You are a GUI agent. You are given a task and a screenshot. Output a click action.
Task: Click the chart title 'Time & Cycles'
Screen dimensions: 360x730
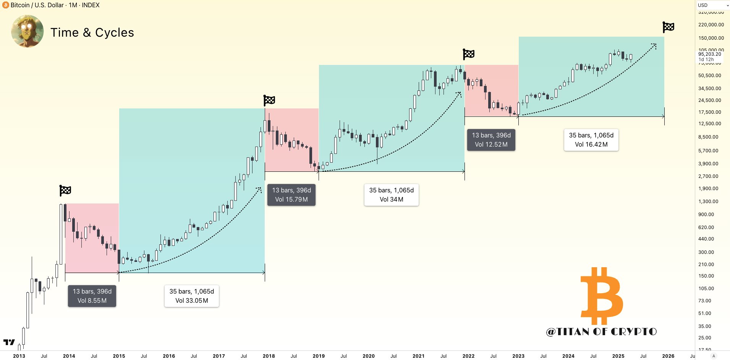(x=92, y=32)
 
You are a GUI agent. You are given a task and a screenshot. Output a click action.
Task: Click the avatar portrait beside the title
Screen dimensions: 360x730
(x=27, y=31)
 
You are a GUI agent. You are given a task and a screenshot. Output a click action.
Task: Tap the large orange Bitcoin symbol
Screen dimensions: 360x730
(x=602, y=296)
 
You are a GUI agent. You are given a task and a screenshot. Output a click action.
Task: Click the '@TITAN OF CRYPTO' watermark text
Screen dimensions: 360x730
(x=602, y=331)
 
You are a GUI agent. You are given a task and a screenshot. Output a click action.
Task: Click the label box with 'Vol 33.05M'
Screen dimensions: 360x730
(x=192, y=296)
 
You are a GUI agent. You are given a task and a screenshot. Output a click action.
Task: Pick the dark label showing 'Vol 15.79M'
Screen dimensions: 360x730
(x=291, y=195)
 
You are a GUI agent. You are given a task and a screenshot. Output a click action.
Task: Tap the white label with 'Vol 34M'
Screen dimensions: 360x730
(x=392, y=195)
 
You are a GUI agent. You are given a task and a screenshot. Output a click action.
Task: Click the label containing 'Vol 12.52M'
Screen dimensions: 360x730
(x=491, y=140)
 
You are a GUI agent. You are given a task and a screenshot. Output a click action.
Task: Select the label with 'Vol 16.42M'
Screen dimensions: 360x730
(x=591, y=140)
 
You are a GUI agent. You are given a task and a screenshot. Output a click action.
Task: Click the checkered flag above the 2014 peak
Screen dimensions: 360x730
(x=65, y=190)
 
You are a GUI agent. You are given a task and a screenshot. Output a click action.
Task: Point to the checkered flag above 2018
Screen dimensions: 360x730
(x=269, y=100)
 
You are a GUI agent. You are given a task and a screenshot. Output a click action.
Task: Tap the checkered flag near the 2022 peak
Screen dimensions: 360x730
(x=469, y=54)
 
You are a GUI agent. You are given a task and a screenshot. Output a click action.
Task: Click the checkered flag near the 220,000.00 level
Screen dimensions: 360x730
(x=668, y=27)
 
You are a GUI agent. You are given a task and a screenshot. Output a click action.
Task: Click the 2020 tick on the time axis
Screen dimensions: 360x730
(x=368, y=356)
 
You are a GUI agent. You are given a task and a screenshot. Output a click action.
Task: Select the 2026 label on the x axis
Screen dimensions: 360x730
(x=668, y=356)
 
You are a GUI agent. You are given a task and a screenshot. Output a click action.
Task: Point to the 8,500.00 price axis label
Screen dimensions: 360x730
(x=708, y=137)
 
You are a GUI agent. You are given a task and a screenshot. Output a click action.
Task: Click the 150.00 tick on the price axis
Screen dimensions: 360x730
(x=706, y=276)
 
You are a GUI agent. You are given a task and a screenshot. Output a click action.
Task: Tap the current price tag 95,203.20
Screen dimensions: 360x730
(x=710, y=54)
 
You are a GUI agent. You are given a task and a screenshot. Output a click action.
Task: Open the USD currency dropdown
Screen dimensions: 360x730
(x=713, y=5)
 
